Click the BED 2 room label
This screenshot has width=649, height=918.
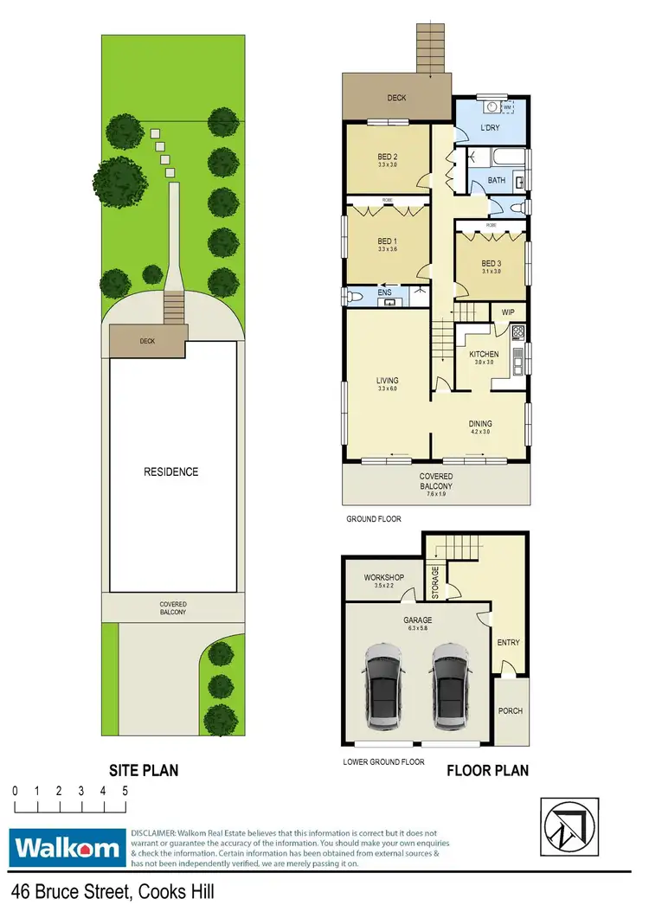[x=387, y=156]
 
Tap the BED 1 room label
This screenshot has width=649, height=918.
[x=387, y=242]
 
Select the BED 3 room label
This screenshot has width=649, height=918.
[x=491, y=263]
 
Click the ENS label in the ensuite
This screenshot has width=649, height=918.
[x=385, y=293]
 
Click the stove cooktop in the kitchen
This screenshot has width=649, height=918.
[x=517, y=331]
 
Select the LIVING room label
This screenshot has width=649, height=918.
[x=386, y=380]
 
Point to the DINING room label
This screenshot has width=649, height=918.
[x=479, y=424]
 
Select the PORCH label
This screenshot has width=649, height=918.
[x=510, y=711]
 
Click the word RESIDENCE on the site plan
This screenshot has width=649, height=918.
[x=171, y=472]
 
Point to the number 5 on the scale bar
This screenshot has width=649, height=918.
[x=125, y=791]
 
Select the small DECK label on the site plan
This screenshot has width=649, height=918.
[x=147, y=341]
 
